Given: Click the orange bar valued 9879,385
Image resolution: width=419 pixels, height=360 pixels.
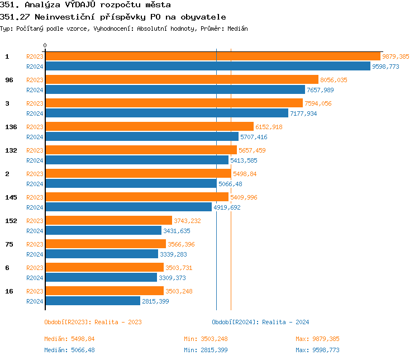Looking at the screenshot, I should pos(212,56).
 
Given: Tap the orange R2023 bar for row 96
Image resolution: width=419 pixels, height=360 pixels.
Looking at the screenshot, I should pos(182,79).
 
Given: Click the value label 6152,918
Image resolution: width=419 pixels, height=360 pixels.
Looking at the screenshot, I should pos(269,127).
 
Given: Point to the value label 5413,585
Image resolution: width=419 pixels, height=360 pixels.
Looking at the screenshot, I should pos(244,160).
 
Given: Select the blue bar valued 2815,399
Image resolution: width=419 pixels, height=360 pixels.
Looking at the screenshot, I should pos(92,301).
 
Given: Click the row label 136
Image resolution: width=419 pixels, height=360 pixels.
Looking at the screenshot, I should pos(11,127).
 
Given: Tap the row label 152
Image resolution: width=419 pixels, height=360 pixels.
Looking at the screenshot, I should pos(11,221).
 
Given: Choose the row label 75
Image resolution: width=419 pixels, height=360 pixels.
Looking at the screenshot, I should pos(9,244).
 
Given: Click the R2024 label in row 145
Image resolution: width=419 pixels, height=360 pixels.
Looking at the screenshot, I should pos(35,207).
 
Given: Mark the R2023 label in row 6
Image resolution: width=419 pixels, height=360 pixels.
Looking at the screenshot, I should pos(35,268).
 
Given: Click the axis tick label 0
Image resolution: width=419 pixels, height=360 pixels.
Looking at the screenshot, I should pos(45,45).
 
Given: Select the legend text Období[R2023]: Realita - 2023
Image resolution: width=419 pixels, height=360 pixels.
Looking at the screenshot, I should pos(93,322).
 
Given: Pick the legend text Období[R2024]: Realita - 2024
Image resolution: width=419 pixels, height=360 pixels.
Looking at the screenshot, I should pos(260,322).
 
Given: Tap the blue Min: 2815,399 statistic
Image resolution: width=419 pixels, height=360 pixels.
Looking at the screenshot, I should pos(206,350).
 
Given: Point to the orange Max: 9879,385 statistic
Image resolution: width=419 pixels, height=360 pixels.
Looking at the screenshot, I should pos(317,339).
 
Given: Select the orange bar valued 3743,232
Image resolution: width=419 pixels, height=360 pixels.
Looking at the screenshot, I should pos(108,220).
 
